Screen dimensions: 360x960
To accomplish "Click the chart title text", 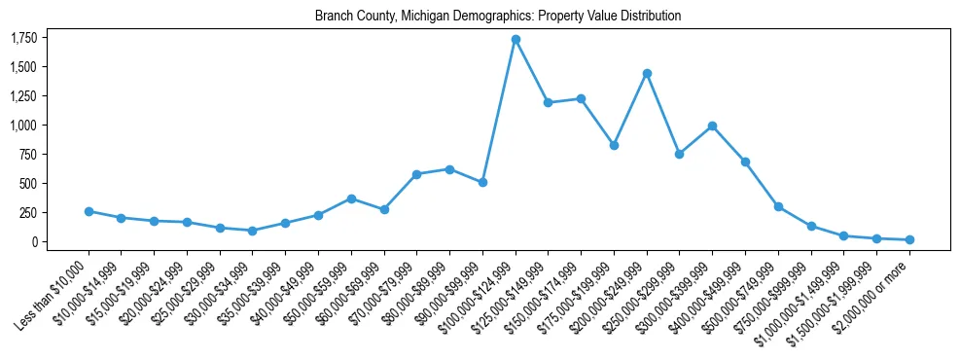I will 498,17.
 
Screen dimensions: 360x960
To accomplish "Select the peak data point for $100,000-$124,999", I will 516,39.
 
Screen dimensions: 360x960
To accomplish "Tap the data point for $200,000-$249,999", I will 647,73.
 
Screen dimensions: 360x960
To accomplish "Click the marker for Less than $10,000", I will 89,211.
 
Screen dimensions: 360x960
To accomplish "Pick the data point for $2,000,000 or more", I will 909,239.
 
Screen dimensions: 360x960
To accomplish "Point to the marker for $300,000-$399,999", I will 712,126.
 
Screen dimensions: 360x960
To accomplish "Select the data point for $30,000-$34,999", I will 253,231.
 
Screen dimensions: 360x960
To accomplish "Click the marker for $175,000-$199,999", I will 614,145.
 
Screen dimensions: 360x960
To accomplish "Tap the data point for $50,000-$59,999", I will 351,198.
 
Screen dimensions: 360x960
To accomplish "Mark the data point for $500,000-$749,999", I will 778,206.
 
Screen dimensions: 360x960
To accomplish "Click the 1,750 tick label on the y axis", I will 23,38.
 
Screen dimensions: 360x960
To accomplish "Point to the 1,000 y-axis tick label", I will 23,126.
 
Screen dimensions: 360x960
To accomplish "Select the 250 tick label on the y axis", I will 29,212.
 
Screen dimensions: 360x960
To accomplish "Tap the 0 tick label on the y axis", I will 34,241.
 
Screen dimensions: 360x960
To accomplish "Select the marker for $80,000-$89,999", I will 449,169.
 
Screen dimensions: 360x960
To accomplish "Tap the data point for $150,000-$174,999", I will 581,98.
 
